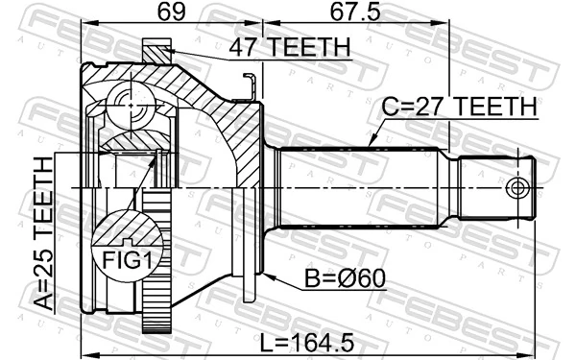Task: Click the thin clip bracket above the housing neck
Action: tap(251, 87)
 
